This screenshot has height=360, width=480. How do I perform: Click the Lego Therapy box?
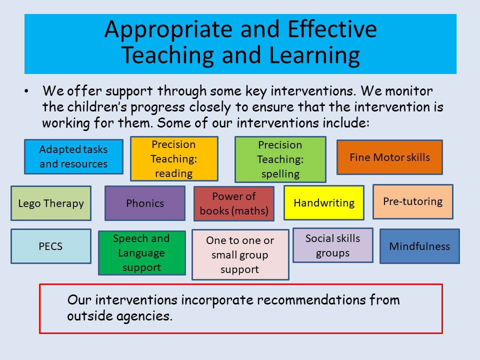point(51,203)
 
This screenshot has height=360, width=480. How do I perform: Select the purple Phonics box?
point(145,203)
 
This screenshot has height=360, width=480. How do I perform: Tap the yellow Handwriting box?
point(324,202)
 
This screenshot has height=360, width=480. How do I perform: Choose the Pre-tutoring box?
point(413,201)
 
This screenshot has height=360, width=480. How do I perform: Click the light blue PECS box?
point(51,246)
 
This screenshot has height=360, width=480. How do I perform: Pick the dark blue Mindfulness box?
point(419,246)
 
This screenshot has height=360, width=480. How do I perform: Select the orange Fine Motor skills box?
point(389,157)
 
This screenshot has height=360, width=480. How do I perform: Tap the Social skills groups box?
point(333,245)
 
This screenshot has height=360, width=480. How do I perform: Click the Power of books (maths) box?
point(234,203)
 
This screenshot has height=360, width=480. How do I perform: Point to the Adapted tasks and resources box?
point(74,156)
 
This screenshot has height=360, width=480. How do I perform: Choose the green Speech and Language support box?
point(142,253)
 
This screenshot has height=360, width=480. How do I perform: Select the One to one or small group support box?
point(240,254)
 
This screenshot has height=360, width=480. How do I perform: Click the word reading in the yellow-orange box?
point(174,173)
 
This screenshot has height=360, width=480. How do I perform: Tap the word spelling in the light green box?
point(280,174)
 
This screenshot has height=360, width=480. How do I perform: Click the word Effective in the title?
point(332,29)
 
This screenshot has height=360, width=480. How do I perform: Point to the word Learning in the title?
point(314,55)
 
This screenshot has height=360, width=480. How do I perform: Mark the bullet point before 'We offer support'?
point(26,91)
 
